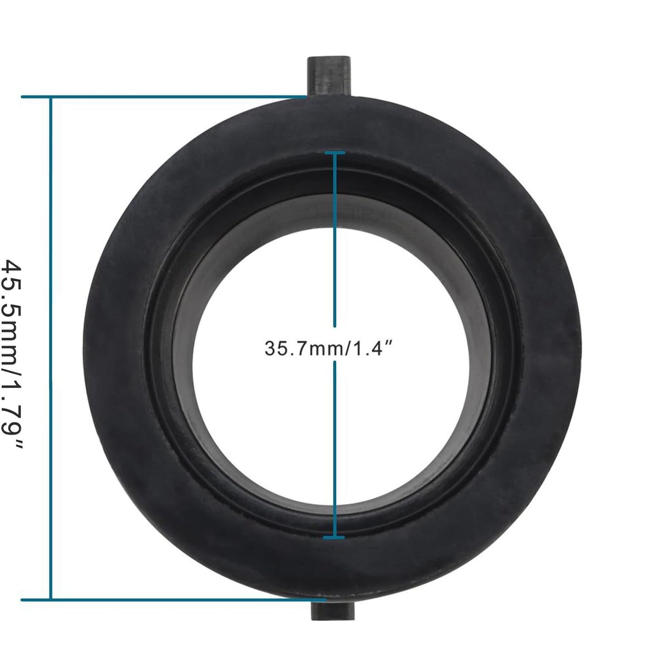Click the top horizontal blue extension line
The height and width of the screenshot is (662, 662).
tap(164, 97)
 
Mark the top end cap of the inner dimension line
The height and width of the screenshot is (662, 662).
tap(334, 152)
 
